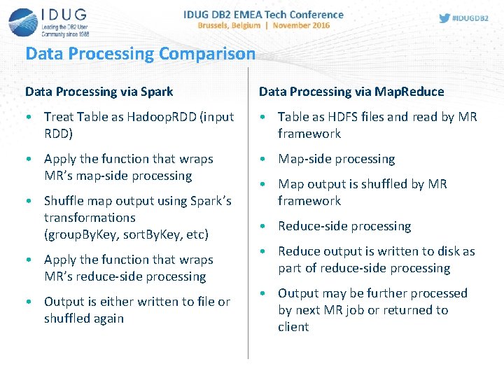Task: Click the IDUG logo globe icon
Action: click(x=23, y=22)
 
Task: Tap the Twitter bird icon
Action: click(x=444, y=18)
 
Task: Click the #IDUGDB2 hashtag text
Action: click(x=470, y=18)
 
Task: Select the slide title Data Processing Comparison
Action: click(x=140, y=54)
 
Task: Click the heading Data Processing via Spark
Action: click(x=99, y=92)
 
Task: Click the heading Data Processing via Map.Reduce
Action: click(x=351, y=92)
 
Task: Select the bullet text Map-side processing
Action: click(x=336, y=159)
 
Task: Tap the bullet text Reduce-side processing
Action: click(x=344, y=226)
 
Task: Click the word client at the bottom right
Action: click(x=293, y=327)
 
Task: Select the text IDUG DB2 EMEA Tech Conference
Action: click(x=263, y=14)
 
